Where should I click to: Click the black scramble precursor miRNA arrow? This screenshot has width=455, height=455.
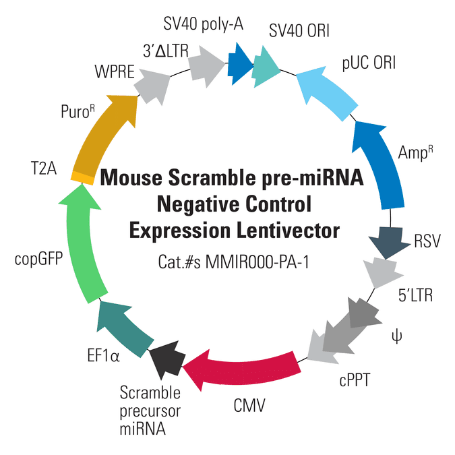[x=168, y=359]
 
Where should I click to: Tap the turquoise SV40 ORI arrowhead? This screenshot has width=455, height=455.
[x=266, y=67]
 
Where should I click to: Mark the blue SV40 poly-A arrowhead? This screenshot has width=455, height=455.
[x=240, y=64]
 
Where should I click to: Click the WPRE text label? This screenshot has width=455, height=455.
[x=115, y=71]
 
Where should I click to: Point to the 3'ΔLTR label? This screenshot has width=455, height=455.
[x=166, y=51]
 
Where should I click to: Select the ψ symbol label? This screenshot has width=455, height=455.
[x=396, y=337]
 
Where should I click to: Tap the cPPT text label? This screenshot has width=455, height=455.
[x=355, y=380]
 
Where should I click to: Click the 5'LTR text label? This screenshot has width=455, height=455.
[x=415, y=295]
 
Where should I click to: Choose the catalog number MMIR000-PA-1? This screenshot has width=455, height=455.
[x=257, y=262]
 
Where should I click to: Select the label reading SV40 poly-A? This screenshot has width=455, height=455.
[x=203, y=24]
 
